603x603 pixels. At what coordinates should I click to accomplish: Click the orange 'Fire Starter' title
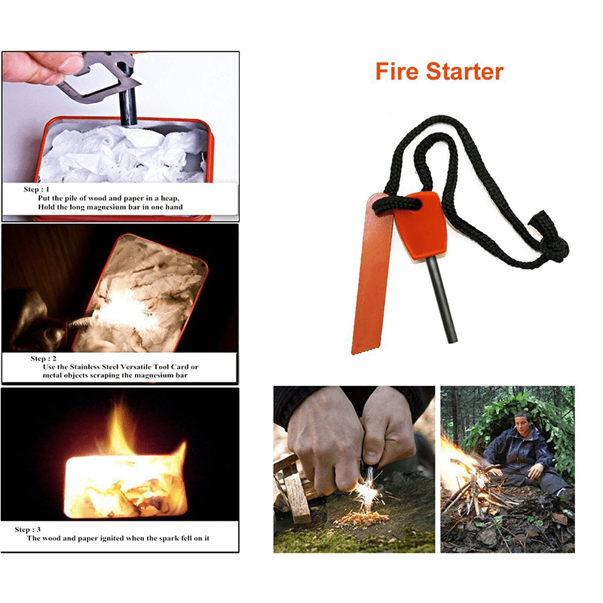[x=439, y=72]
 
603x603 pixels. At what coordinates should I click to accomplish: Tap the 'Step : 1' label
[x=36, y=189]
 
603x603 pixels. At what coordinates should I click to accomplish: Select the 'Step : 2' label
[x=44, y=359]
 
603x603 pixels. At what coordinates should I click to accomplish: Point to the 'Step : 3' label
[x=28, y=530]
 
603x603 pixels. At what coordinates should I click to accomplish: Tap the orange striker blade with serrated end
[x=372, y=274]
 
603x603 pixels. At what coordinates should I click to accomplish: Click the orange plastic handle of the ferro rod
[x=421, y=226]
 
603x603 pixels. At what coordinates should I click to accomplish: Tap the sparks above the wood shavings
[x=368, y=494]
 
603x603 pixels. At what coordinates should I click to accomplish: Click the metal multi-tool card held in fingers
[x=100, y=77]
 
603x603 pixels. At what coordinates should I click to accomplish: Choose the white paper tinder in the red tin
[x=123, y=154]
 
